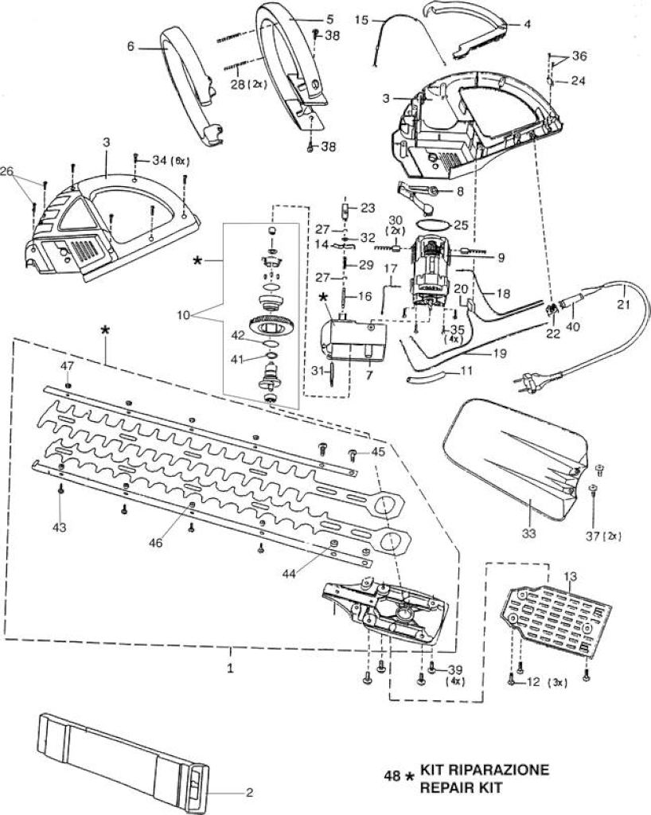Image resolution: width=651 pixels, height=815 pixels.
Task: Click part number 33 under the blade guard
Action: (529, 533)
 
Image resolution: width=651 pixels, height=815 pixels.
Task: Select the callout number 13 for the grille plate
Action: (570, 576)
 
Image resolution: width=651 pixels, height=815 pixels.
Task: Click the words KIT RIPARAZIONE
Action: (484, 770)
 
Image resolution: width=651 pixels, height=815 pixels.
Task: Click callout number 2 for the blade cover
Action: (249, 792)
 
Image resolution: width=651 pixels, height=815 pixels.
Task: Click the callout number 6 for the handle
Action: (131, 46)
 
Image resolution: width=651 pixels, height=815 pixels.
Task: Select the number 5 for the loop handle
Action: (330, 20)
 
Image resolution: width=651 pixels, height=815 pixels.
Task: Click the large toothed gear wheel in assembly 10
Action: (271, 326)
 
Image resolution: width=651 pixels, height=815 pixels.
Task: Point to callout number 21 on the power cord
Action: (622, 304)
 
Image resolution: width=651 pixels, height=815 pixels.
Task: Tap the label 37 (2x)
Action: (604, 536)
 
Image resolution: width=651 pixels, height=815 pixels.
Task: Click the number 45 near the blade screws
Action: (378, 452)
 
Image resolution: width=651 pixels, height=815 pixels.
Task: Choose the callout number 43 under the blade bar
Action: (60, 528)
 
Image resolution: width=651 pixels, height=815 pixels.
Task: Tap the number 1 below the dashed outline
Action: (230, 668)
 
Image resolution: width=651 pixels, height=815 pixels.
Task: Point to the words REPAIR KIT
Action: (461, 787)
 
